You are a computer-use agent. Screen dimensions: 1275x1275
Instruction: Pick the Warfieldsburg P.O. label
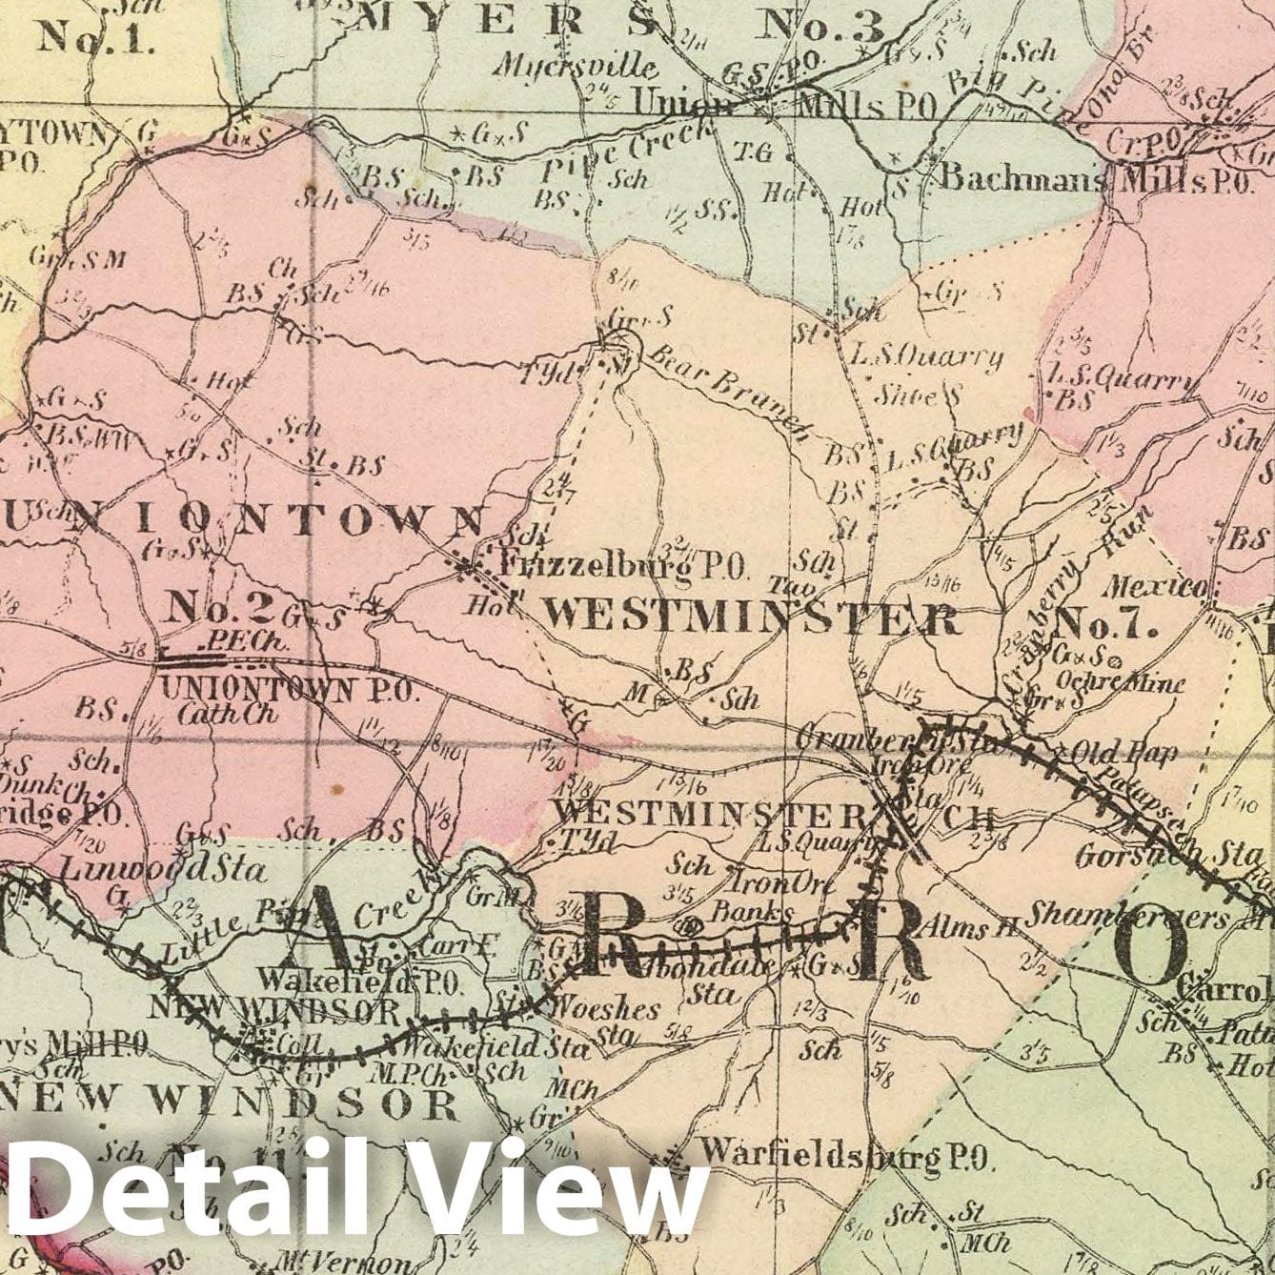846,1157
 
